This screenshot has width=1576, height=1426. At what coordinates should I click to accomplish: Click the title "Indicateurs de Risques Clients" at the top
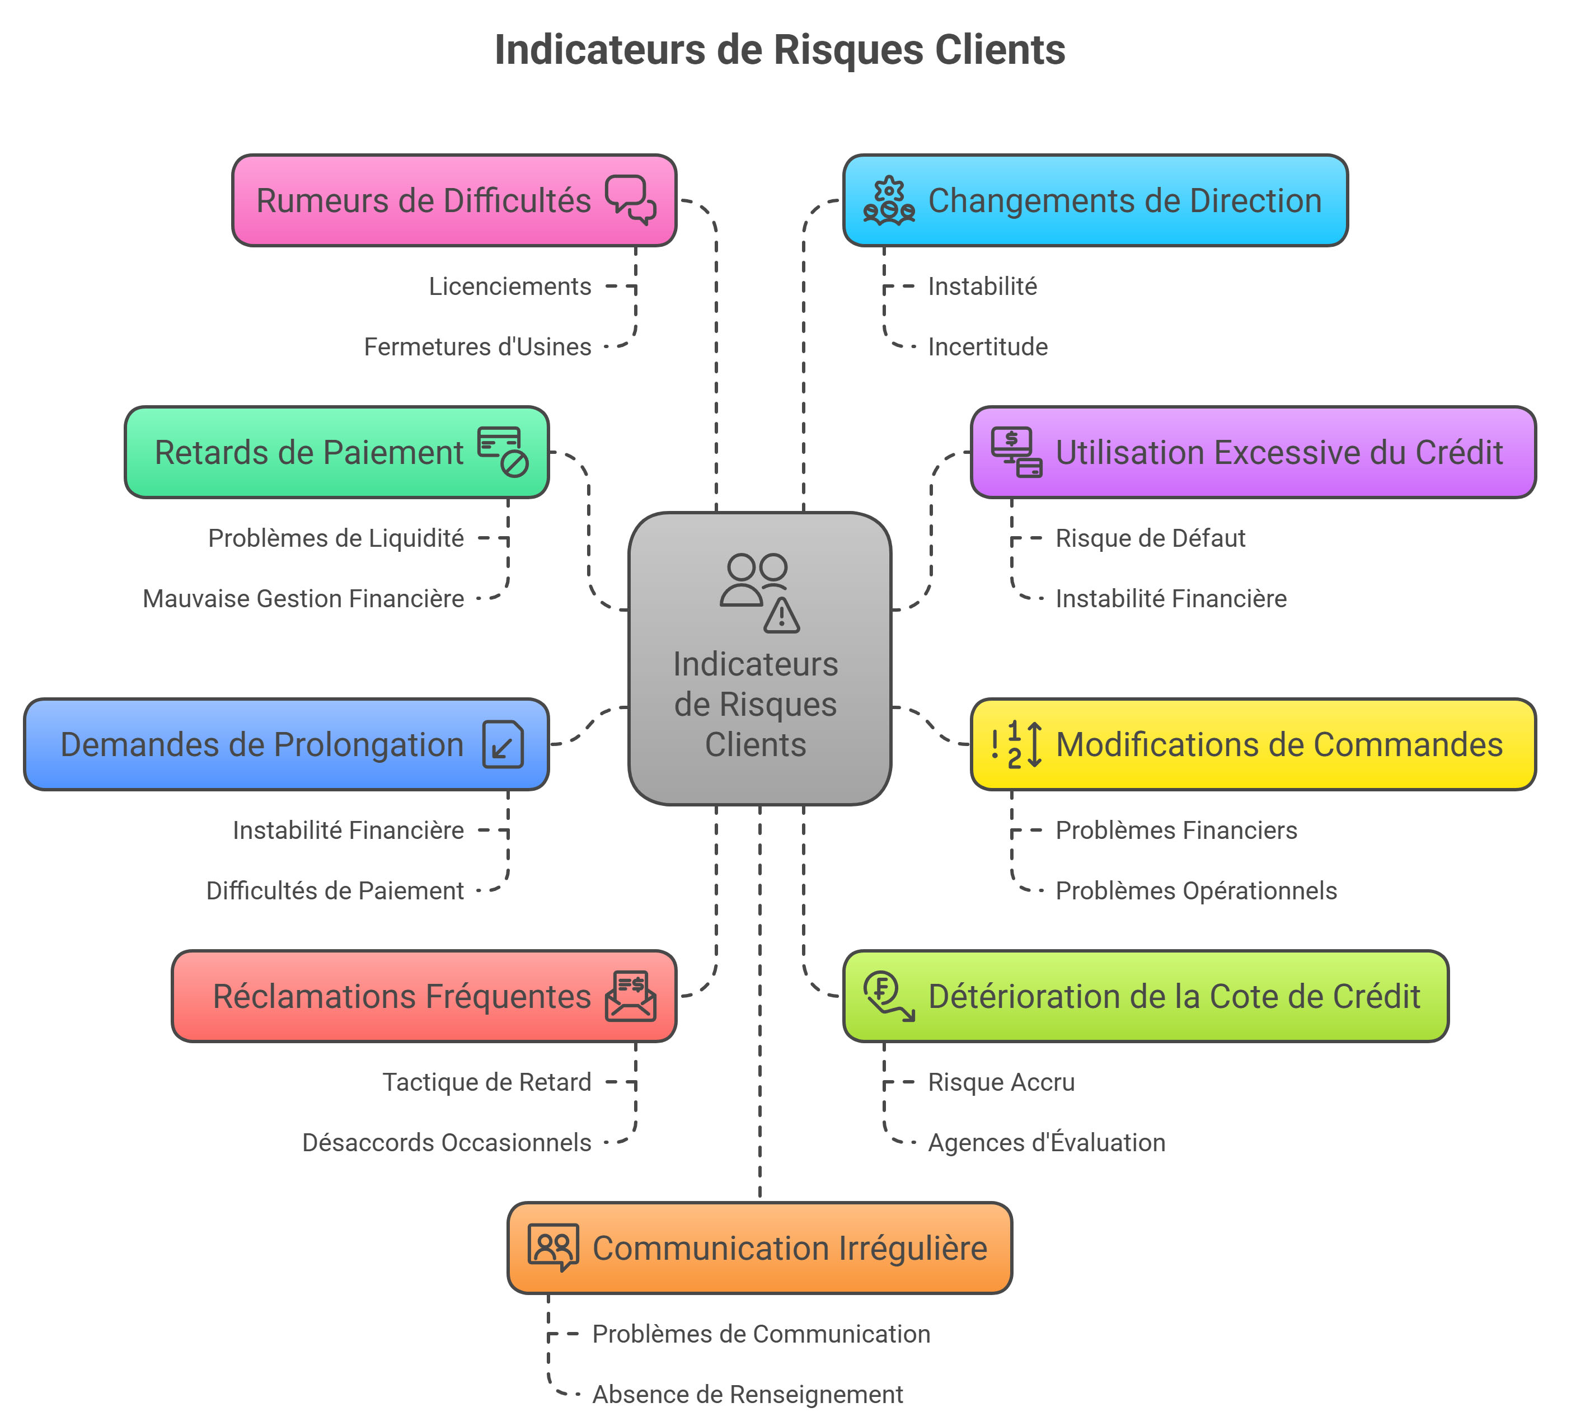coord(780,50)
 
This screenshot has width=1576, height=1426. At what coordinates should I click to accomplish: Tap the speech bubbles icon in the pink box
coord(630,199)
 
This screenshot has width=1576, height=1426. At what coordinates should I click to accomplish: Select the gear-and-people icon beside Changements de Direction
coord(888,201)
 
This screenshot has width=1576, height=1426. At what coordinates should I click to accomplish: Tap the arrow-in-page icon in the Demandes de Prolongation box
coord(503,744)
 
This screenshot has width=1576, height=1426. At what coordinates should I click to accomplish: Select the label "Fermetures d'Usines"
coord(477,347)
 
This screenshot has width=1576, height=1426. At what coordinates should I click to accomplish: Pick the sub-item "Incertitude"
coord(987,347)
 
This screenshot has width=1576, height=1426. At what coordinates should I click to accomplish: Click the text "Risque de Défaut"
coord(1150,538)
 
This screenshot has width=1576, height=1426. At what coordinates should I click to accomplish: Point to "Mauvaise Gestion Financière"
coord(303,599)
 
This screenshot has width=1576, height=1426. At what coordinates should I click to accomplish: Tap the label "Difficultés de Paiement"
coord(335,891)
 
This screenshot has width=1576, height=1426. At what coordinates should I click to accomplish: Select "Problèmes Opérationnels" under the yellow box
coord(1195,891)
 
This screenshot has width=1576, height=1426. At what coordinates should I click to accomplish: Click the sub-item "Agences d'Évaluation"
coord(1046,1143)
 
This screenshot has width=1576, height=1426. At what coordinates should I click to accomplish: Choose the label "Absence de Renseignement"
coord(747,1395)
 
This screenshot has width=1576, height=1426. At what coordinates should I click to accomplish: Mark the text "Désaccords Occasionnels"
coord(447,1143)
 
